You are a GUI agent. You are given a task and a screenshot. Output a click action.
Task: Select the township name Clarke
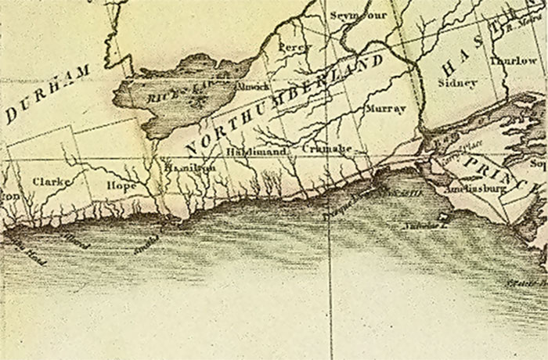(x=52, y=182)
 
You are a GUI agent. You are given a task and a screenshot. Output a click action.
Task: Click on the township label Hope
(x=121, y=186)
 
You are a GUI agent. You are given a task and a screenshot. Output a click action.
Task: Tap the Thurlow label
(x=512, y=61)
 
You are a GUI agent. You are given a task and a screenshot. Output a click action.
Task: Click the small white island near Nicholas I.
(x=445, y=216)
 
